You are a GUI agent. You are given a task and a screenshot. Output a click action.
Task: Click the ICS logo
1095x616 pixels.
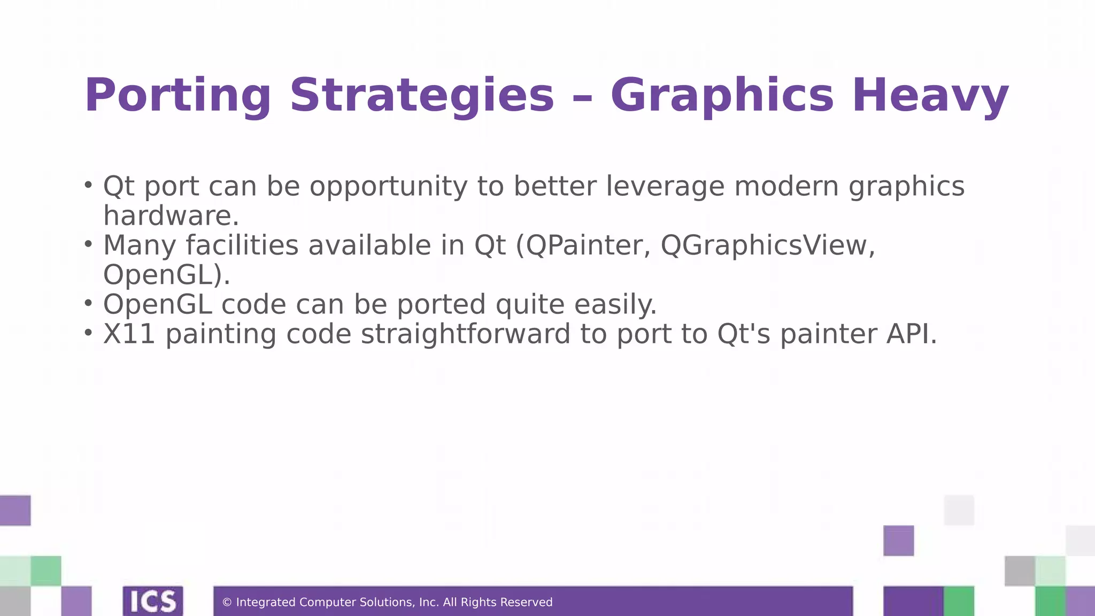click(153, 601)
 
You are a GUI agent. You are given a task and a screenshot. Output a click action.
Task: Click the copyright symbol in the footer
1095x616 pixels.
click(227, 603)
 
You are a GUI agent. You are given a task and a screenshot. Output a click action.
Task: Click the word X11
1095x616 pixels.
click(129, 334)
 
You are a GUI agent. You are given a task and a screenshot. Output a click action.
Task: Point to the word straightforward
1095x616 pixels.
click(466, 334)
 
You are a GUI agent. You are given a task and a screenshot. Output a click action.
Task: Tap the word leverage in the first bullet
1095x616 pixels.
click(665, 187)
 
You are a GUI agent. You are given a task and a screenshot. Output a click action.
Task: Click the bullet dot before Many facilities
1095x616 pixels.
click(88, 244)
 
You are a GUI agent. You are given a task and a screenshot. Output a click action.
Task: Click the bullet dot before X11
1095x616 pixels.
click(88, 333)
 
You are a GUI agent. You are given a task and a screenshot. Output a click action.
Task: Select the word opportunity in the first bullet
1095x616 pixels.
click(389, 187)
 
